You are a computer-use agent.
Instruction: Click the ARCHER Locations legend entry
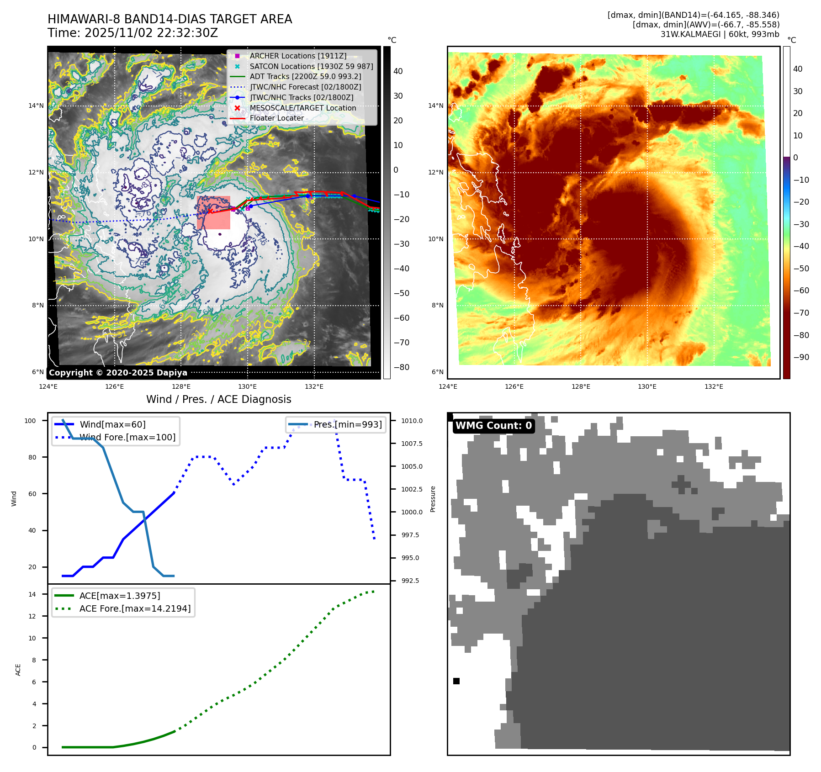point(298,56)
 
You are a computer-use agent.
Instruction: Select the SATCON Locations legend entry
point(311,66)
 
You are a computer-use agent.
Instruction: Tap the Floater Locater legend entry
point(276,118)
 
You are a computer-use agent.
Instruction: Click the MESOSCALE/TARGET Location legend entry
point(302,108)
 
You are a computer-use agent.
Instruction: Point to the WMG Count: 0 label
point(493,426)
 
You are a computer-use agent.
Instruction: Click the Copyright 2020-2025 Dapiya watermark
point(118,373)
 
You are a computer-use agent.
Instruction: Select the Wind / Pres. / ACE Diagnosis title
point(218,399)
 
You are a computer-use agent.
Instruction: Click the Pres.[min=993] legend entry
point(347,424)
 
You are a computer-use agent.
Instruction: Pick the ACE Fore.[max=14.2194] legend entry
point(135,608)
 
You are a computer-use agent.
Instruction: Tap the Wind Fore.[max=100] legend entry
point(127,437)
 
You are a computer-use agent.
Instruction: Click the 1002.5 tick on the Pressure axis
point(412,489)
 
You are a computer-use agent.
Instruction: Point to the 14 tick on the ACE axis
point(32,594)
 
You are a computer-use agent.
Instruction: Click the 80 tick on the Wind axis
point(32,457)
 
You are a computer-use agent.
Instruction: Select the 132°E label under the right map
point(714,386)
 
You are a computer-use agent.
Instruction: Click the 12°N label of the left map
point(36,172)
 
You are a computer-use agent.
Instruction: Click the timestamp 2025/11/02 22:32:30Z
point(151,33)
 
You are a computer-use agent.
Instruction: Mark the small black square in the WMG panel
point(456,681)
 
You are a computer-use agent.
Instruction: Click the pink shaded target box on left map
point(213,213)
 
